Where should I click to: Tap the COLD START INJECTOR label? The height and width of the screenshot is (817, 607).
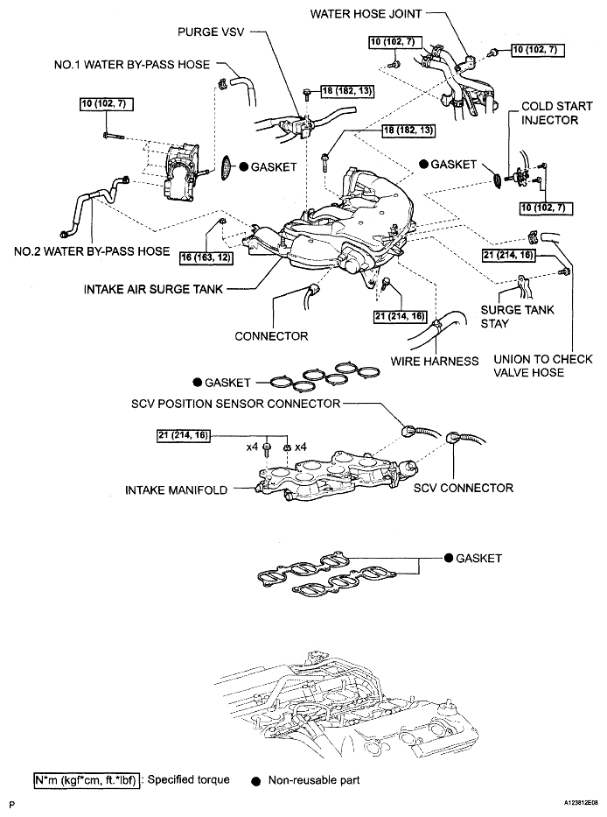[549, 112]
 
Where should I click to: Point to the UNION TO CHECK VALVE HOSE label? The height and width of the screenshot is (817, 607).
[543, 366]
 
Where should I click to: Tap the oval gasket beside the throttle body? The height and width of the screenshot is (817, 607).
[227, 166]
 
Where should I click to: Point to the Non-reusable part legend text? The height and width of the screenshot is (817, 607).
[314, 779]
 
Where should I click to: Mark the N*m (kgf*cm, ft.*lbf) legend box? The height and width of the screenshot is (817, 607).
[87, 779]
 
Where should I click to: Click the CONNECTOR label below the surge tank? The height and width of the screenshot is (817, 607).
[271, 335]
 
